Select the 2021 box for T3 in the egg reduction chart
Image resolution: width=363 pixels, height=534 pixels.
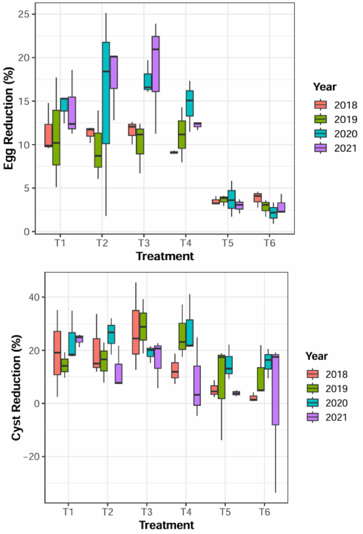(x=156, y=64)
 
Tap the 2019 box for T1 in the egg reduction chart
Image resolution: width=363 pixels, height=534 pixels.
(x=56, y=138)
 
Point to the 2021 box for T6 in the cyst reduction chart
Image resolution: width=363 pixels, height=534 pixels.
(x=275, y=389)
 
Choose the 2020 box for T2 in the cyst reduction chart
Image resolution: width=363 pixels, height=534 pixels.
(x=111, y=334)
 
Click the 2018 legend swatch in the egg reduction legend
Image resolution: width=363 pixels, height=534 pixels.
(x=320, y=104)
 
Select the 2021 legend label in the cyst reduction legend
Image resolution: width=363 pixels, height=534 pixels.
(x=336, y=417)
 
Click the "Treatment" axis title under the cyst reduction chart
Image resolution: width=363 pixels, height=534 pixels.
(x=165, y=525)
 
